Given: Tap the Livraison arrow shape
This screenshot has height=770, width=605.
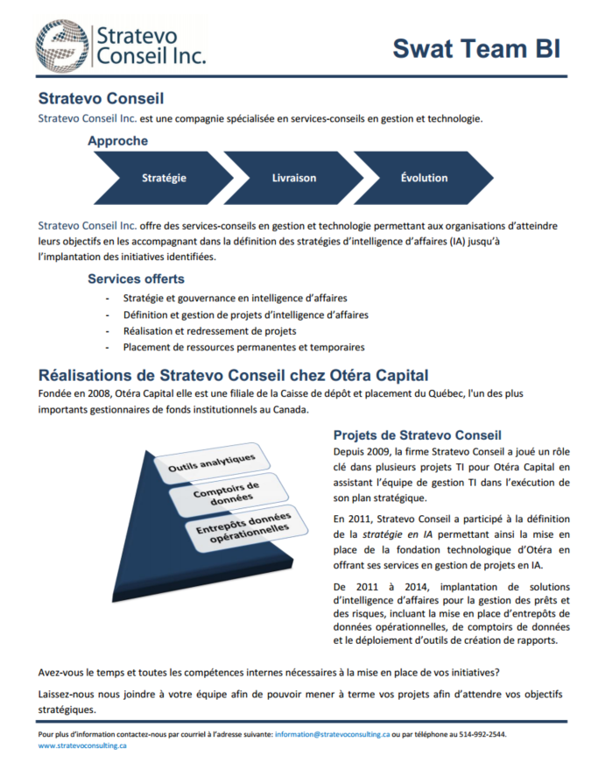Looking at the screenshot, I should [x=293, y=177].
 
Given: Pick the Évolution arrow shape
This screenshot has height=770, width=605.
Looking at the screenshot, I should [x=424, y=177].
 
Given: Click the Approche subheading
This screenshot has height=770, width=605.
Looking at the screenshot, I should [x=117, y=140].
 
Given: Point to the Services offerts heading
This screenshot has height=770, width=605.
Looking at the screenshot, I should [x=136, y=279].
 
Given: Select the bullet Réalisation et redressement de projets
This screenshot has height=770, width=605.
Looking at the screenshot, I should [x=209, y=331].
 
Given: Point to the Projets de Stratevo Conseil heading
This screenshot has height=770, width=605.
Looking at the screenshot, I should [x=417, y=434].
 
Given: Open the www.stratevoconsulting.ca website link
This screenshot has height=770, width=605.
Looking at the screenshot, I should [x=82, y=745].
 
